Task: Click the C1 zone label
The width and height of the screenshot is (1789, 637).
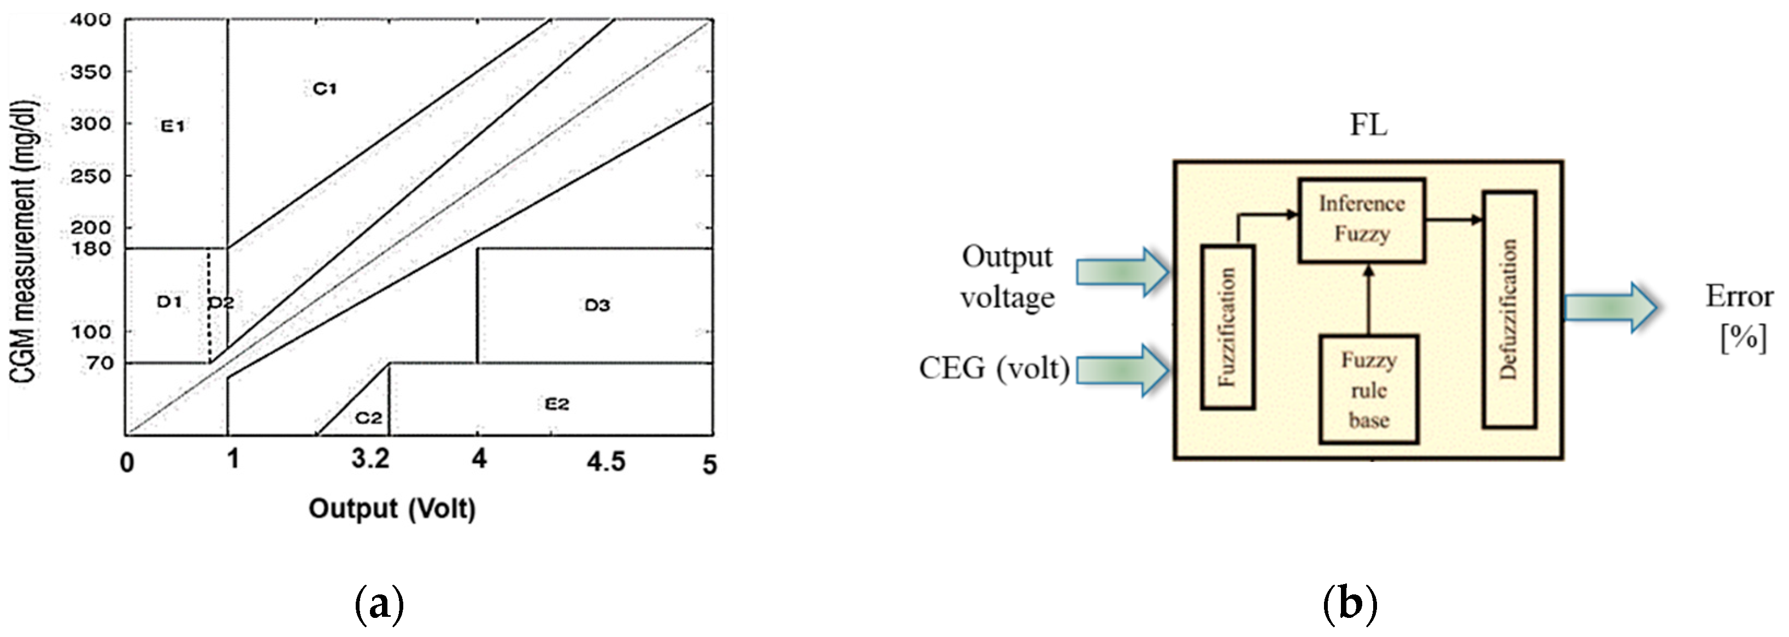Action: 325,89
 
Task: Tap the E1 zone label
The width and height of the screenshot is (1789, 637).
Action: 172,126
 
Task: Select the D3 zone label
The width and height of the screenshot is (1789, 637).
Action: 597,305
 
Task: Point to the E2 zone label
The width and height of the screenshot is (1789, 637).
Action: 557,404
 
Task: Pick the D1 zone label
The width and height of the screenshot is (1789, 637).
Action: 169,301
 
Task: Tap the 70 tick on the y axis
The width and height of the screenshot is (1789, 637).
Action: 99,363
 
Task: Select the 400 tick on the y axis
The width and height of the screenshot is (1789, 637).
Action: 91,20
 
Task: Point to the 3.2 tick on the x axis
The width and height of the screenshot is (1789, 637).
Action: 370,458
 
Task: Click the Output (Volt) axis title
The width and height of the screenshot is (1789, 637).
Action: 392,509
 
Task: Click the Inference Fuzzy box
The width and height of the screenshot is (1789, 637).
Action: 1361,220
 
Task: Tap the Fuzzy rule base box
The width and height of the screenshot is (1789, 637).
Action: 1368,389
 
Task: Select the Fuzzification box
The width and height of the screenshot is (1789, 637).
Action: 1227,327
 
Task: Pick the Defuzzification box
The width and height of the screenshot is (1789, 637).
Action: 1509,309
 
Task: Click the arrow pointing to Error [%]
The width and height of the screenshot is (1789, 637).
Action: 1610,307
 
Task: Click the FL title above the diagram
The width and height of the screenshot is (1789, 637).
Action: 1368,126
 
